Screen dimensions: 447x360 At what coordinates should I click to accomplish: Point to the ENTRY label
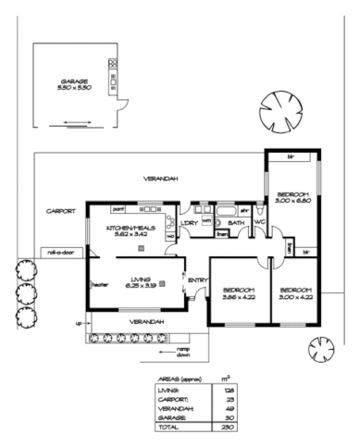coord(197,280)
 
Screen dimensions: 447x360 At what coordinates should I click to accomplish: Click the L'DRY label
coord(188,223)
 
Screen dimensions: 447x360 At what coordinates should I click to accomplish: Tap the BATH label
coord(236,223)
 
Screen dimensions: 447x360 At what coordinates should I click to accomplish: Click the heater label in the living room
coord(99,284)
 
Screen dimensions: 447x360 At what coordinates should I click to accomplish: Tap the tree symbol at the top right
coord(279,109)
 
